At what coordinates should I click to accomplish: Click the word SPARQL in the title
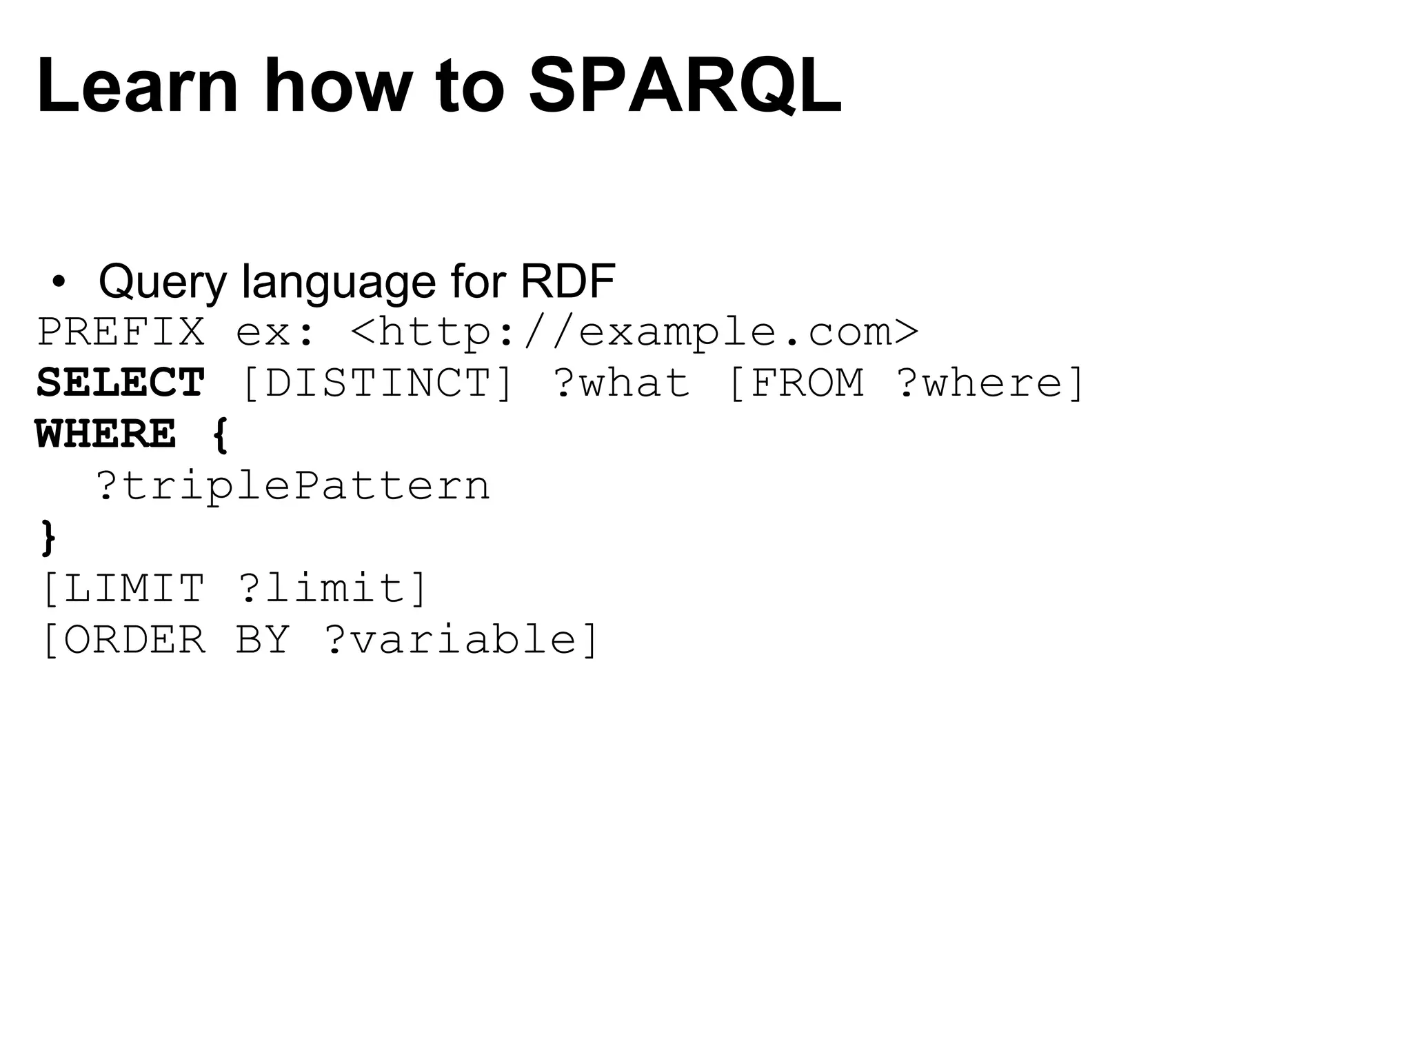684,86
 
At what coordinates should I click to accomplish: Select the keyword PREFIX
121,332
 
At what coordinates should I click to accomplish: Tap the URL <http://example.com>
634,332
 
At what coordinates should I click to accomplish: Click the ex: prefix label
274,333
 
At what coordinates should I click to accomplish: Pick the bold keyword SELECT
121,383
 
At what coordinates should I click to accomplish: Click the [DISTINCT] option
378,383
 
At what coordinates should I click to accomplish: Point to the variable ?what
621,383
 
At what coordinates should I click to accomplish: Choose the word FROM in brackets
806,383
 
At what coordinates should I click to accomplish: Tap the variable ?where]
991,383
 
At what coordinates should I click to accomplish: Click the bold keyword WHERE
106,434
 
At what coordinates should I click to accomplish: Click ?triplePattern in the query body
292,485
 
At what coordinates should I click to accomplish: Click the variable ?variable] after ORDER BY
461,640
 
